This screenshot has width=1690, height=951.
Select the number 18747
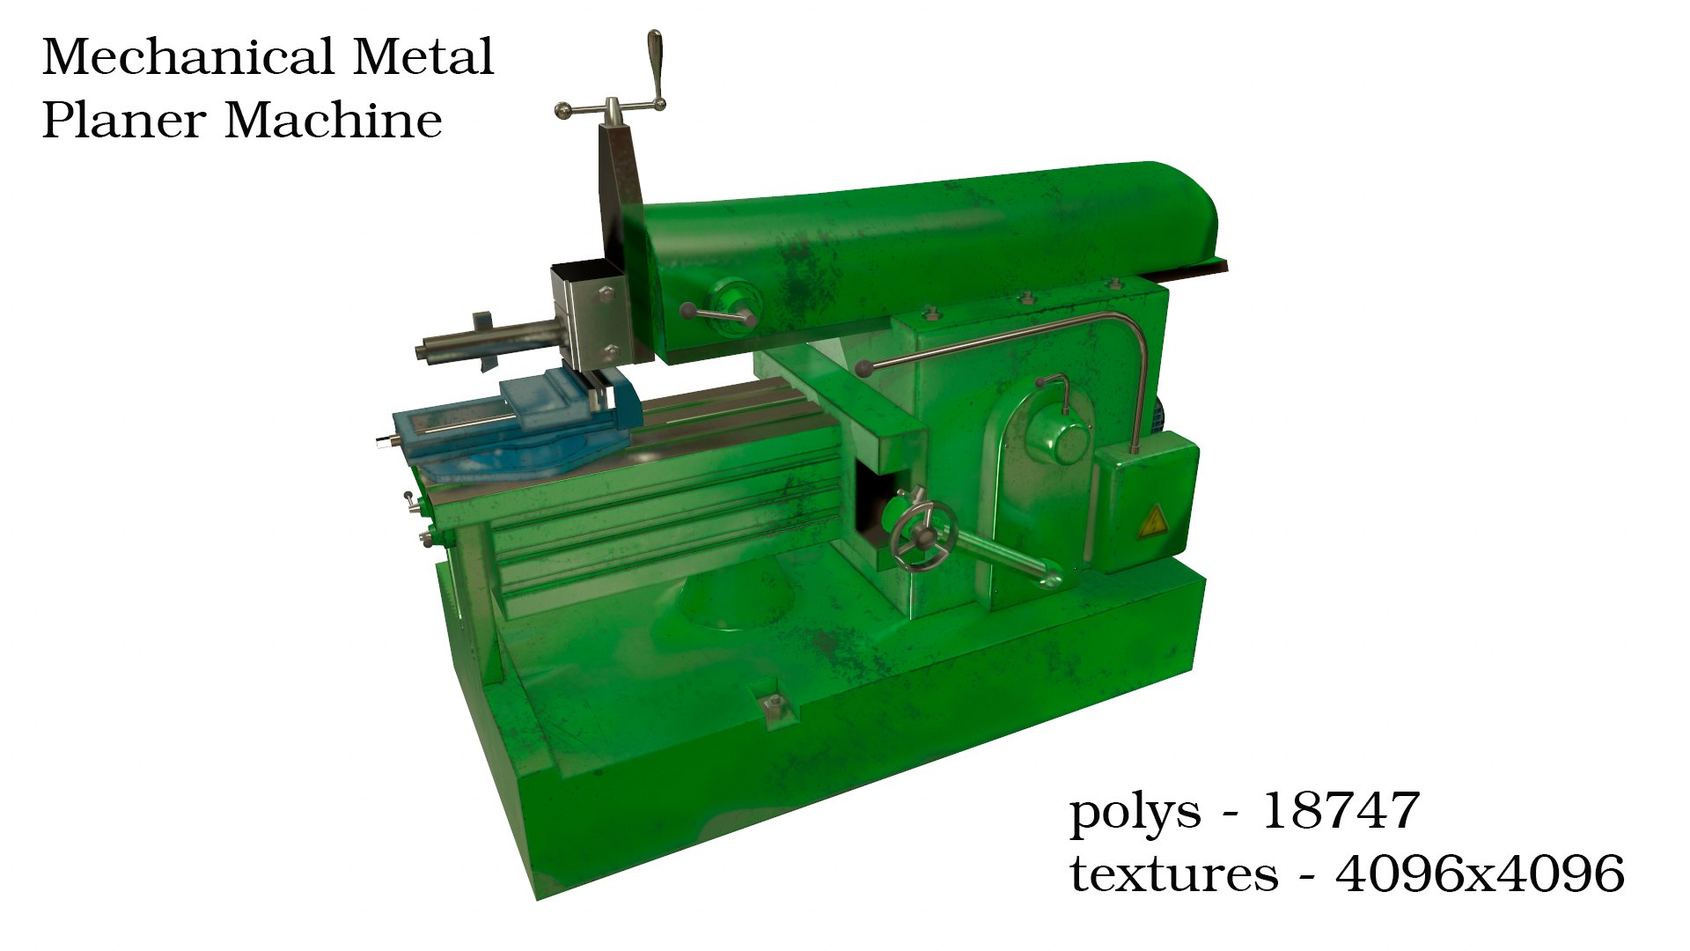click(x=1340, y=810)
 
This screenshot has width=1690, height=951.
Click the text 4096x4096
click(x=1479, y=874)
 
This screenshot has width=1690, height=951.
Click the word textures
click(x=1173, y=874)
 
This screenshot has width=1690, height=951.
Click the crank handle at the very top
click(x=656, y=66)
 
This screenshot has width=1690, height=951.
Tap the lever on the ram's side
click(x=717, y=313)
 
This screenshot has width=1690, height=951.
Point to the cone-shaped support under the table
click(x=731, y=599)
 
